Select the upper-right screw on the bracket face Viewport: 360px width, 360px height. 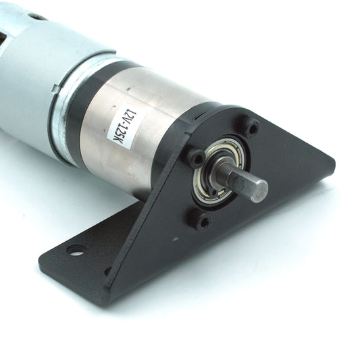253,128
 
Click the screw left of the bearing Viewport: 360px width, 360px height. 196,157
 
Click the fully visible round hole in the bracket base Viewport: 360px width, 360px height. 76,250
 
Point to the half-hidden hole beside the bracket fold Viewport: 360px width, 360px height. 107,272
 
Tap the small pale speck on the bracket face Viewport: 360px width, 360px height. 176,239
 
